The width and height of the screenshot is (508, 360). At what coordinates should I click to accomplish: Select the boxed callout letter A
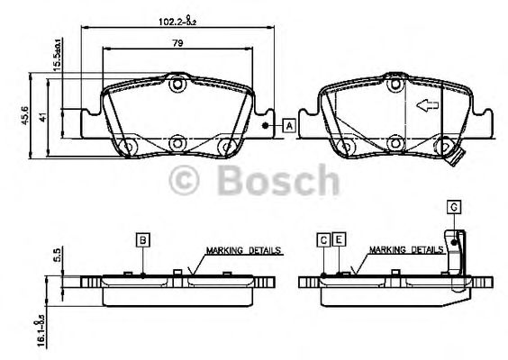click(289, 126)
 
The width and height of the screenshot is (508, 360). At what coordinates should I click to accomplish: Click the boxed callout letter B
click(143, 238)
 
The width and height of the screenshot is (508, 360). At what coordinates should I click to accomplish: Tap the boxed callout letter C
click(322, 238)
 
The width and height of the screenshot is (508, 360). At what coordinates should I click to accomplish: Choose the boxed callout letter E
click(338, 238)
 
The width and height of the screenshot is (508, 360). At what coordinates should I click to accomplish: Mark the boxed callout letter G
click(454, 208)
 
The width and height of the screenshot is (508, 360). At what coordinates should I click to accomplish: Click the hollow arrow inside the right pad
click(424, 105)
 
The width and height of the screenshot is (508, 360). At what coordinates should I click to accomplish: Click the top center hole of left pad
click(177, 85)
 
